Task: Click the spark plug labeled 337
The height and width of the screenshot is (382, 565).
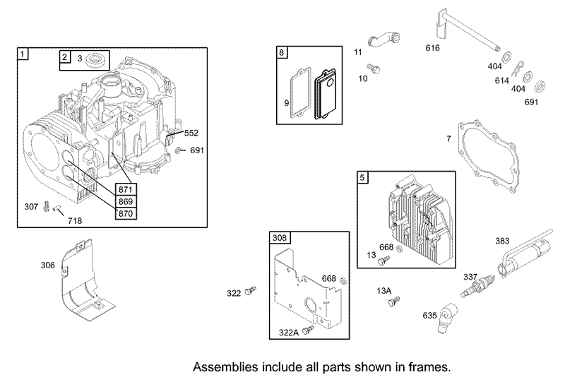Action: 477,287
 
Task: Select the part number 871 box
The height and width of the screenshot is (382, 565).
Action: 126,189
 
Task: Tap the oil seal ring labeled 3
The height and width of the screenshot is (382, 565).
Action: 97,59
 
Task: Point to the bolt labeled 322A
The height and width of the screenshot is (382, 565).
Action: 309,329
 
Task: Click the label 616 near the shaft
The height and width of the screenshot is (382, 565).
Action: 432,48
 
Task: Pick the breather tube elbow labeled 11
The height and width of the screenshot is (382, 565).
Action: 383,39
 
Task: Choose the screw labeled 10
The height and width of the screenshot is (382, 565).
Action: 374,68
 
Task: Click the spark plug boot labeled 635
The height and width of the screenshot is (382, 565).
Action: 447,317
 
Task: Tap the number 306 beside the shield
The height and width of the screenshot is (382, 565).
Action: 47,265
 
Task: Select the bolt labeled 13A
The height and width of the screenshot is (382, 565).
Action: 395,302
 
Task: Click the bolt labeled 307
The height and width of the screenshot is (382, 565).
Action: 46,206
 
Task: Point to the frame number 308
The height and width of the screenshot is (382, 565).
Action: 279,237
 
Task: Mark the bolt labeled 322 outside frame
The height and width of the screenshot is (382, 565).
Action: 251,290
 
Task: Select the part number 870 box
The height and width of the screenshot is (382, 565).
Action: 126,213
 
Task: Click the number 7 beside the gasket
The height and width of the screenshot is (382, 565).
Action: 448,138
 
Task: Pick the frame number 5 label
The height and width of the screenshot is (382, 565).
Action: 362,177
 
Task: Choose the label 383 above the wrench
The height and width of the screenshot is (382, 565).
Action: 502,241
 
